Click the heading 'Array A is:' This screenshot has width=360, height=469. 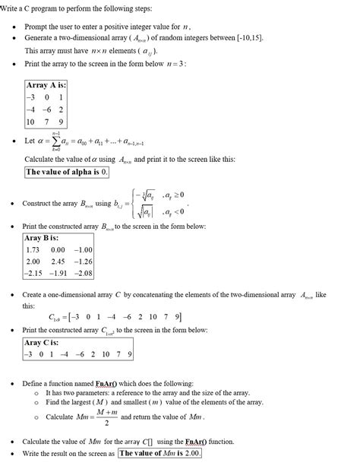point(46,85)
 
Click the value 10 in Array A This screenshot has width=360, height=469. point(30,122)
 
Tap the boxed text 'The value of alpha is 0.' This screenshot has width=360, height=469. point(67,172)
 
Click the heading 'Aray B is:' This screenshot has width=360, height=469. point(43,238)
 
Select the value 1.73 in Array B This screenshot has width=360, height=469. point(33,249)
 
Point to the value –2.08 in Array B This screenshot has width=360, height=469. point(83,272)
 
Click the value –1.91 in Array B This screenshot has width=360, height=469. point(58,272)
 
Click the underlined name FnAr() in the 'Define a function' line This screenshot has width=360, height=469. point(118,383)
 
